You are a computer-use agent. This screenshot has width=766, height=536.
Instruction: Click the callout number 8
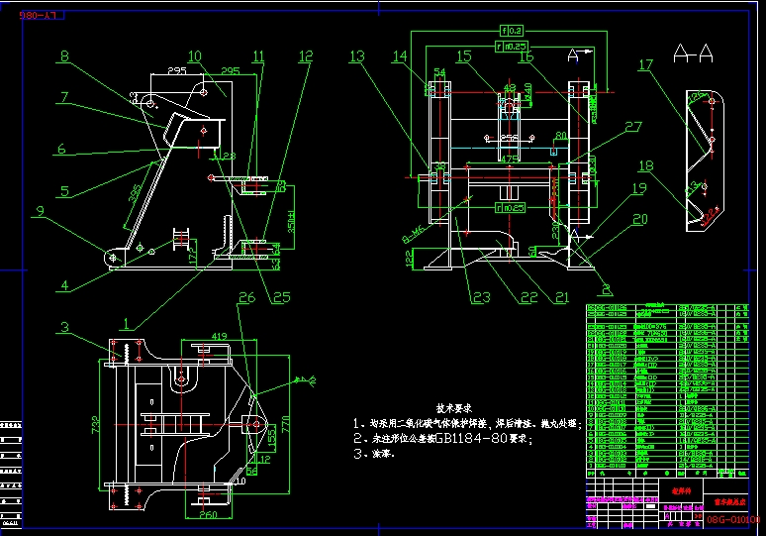pos(64,57)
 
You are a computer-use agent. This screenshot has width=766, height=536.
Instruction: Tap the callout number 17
pos(645,66)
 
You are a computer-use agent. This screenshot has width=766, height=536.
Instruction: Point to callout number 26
pos(246,296)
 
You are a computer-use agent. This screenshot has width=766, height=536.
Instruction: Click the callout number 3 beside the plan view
pos(63,327)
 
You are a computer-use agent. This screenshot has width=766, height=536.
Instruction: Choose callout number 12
pos(305,56)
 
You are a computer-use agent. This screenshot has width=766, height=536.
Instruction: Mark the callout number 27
pos(632,127)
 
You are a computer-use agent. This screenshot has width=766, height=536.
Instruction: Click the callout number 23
pos(481,295)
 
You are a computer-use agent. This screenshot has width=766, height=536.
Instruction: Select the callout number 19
pos(639,188)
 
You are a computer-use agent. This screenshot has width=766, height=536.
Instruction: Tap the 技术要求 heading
pos(454,406)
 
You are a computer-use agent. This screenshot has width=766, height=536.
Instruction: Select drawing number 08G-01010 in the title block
pos(732,518)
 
